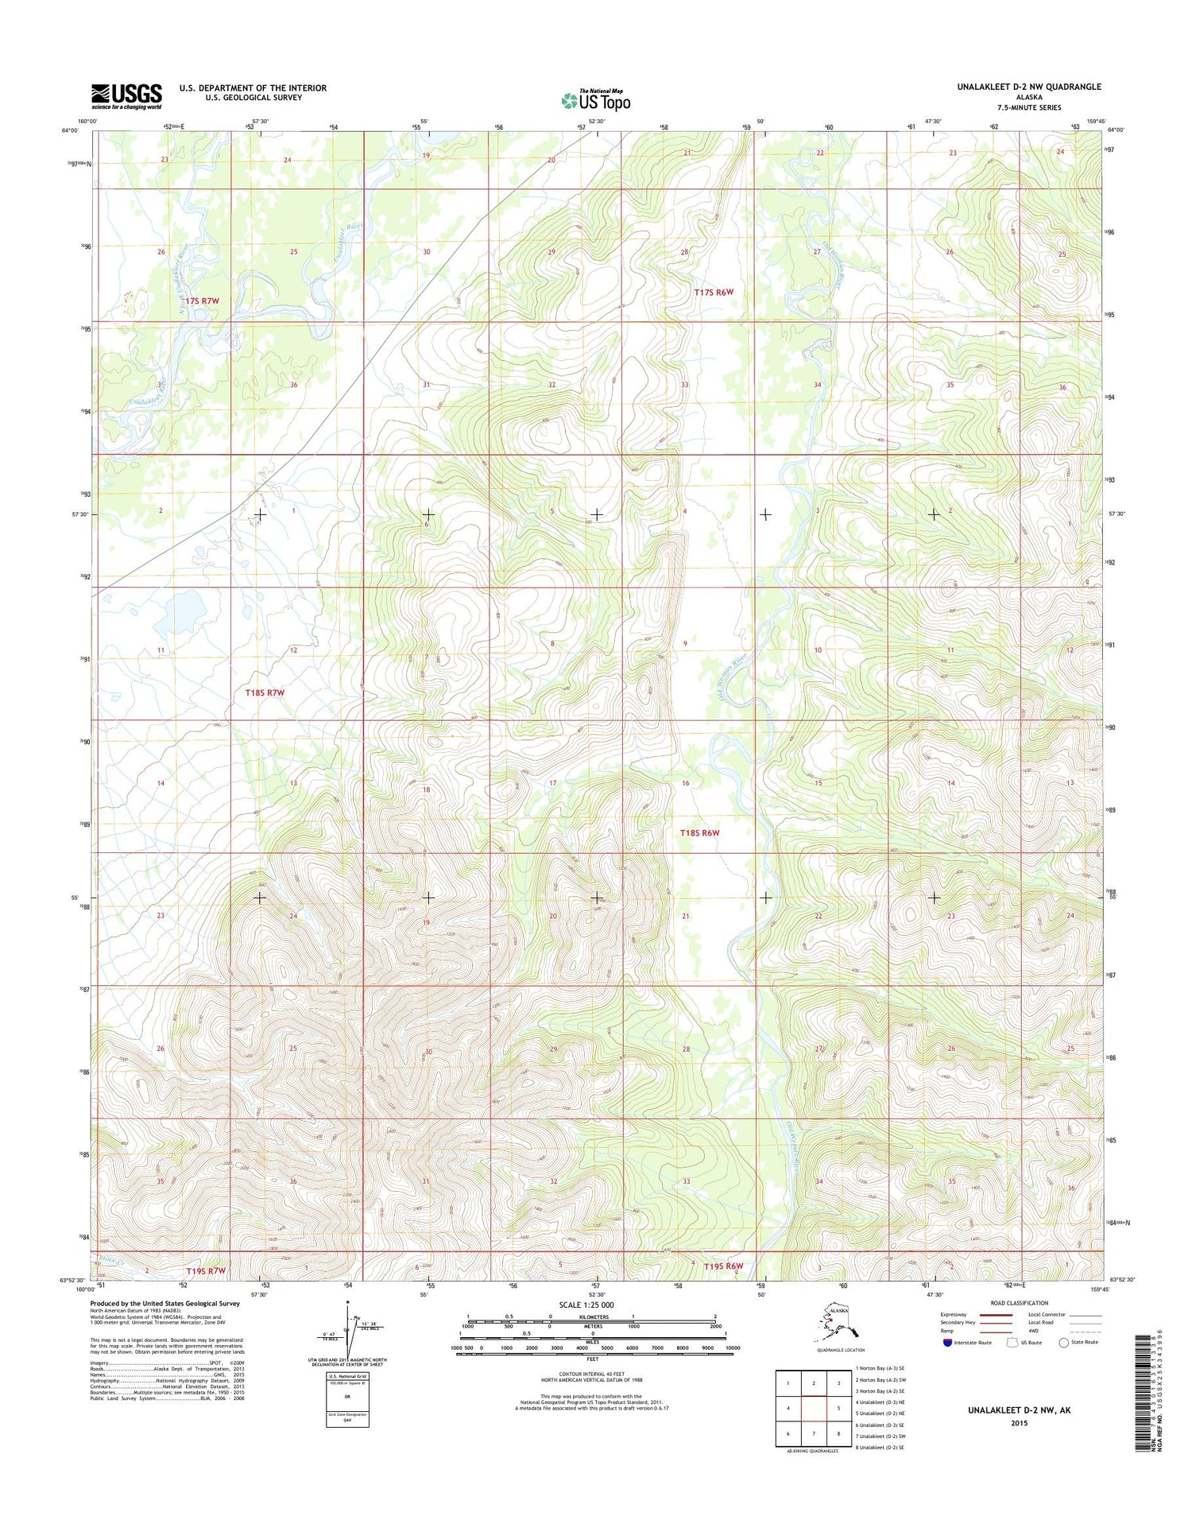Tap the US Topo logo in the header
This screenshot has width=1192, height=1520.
point(596,100)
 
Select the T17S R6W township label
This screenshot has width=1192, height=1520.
point(714,293)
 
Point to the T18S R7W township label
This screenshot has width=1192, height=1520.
point(265,692)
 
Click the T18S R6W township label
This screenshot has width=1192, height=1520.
point(699,833)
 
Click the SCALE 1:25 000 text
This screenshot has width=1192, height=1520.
point(586,1305)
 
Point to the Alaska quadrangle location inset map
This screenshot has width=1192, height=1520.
point(840,1324)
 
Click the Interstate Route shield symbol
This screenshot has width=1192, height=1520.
point(946,1342)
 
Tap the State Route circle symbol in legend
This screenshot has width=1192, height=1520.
point(1063,1342)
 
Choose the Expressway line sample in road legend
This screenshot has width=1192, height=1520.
point(995,1315)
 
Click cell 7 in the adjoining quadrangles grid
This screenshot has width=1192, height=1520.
point(813,1434)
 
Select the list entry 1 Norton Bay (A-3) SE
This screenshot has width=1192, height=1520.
point(880,1368)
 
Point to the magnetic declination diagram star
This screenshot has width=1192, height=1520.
point(347,1302)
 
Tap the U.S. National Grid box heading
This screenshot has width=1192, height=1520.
point(347,1375)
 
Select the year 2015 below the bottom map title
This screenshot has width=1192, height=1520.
point(1019,1423)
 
